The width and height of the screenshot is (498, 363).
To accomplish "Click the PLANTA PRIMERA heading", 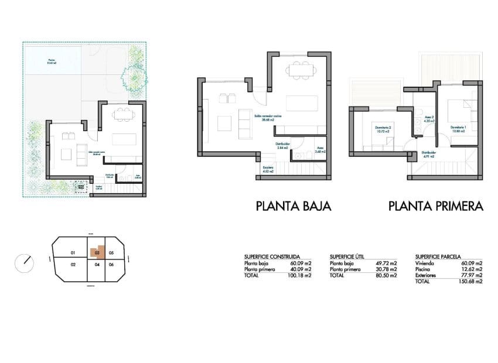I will tap(435, 206).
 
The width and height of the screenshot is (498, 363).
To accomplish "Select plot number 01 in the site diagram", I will tap(74, 253).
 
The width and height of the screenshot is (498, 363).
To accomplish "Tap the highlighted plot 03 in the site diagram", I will tap(97, 253).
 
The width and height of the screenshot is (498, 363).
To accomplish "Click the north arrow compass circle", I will tap(25, 261).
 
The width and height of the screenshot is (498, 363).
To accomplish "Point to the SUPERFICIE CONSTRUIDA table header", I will tap(272, 256).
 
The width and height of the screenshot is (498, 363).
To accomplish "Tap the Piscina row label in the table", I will tap(423, 269).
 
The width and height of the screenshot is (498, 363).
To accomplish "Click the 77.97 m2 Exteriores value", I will tap(472, 275).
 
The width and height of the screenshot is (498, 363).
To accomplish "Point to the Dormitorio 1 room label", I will tap(458, 127).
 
